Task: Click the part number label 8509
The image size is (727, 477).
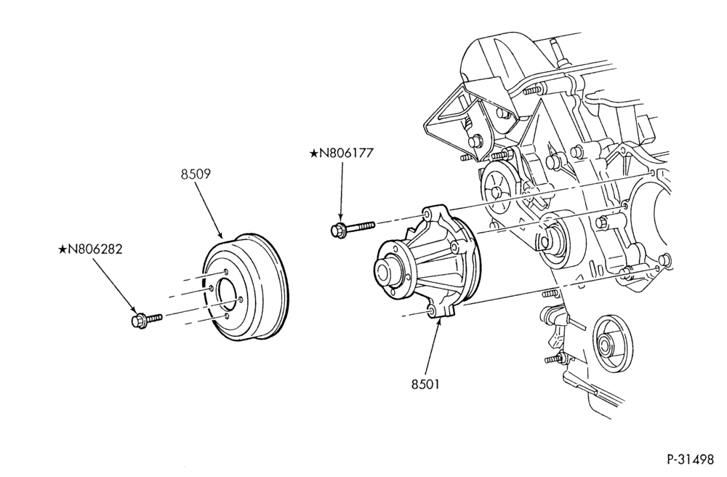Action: (x=196, y=175)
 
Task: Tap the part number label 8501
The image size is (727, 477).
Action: (x=425, y=384)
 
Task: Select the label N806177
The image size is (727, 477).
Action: (x=346, y=153)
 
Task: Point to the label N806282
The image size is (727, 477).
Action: (x=95, y=249)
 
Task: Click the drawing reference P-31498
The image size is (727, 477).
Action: (x=691, y=460)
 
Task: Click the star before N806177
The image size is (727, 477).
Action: (x=314, y=153)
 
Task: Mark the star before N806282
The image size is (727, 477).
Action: (x=63, y=249)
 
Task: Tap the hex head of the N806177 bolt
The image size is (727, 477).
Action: (x=338, y=230)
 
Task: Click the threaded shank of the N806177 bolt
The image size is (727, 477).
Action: (x=361, y=226)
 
